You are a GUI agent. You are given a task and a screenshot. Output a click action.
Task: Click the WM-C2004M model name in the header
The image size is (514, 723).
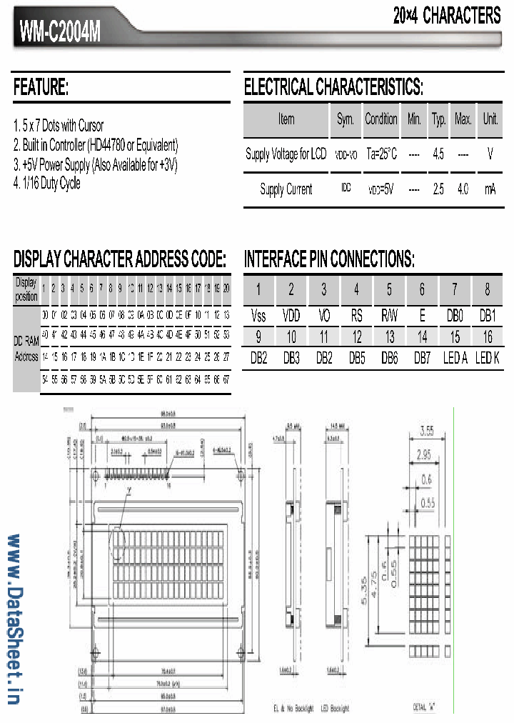point(61,31)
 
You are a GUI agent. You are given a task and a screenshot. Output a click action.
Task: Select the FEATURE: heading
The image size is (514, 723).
point(41,88)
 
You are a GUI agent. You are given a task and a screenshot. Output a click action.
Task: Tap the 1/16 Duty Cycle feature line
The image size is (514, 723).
point(47,183)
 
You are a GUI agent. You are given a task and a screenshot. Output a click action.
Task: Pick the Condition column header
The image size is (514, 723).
point(381,119)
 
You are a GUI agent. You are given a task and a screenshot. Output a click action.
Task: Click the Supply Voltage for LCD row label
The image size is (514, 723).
point(286,154)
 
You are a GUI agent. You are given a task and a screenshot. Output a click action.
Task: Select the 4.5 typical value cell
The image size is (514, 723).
point(438,154)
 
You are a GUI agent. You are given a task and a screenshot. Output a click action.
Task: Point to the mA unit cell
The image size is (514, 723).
point(490,189)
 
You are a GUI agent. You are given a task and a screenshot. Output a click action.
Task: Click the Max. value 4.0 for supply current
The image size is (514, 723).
point(463,189)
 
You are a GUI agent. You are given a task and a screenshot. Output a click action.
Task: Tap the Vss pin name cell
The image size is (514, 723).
point(258,315)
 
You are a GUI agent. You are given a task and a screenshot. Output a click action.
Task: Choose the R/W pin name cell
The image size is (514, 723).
point(389,315)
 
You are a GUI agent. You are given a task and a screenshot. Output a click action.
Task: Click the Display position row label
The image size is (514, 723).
point(26,289)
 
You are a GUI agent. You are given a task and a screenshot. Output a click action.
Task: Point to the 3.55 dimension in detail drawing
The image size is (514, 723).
point(427,431)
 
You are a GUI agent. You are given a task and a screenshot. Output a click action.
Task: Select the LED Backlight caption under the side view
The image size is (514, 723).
point(335,708)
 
